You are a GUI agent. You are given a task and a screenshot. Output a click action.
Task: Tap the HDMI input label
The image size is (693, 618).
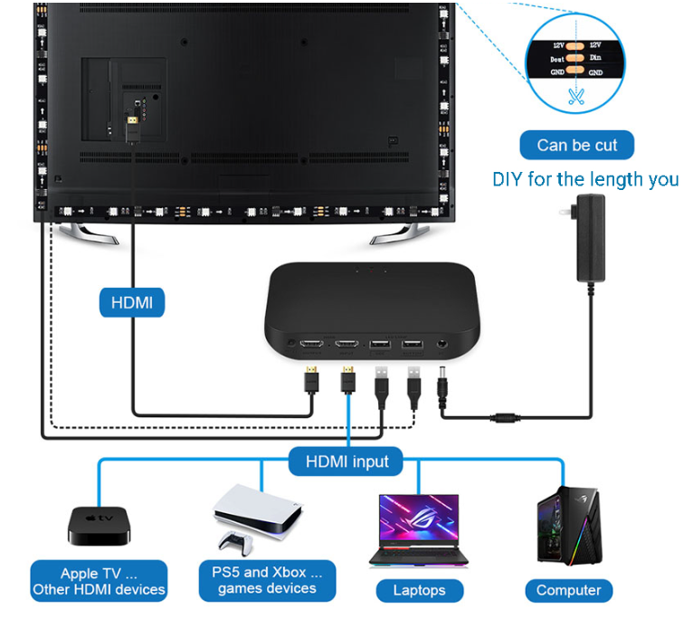coord(347,461)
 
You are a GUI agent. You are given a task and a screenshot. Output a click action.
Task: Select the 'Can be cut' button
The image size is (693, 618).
coord(576,146)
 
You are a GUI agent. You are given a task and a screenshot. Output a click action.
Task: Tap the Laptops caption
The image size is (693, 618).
coord(419,591)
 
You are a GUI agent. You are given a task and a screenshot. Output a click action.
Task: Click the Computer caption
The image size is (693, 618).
coord(568,591)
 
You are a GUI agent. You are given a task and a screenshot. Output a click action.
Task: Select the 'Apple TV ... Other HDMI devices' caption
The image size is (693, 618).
coord(100,581)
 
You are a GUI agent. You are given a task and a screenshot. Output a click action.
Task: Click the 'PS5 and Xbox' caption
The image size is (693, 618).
coord(267,580)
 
